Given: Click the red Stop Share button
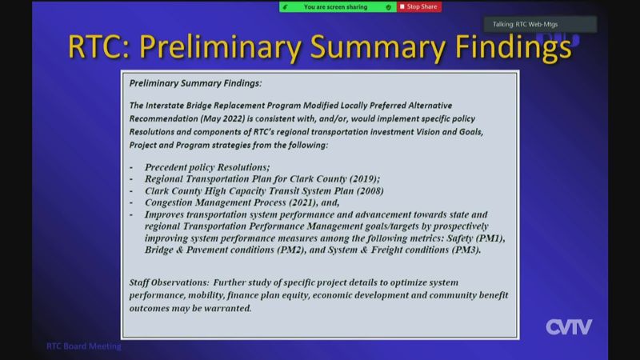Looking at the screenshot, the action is pos(418,7).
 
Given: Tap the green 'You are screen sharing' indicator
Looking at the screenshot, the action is pos(338,7).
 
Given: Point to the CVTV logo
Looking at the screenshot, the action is pos(569,327).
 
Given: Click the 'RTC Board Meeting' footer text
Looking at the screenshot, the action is pos(84,346).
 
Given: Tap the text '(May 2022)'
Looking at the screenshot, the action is pos(222,118).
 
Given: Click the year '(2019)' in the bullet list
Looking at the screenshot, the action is pos(365,178).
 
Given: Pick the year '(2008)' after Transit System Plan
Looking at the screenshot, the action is pos(370,190).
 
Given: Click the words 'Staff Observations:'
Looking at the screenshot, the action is pos(170,282).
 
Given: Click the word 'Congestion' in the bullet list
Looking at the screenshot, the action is pos(169,202).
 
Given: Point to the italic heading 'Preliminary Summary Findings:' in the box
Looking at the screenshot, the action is pos(195,83).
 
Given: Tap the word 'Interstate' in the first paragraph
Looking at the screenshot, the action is pos(165,106).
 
